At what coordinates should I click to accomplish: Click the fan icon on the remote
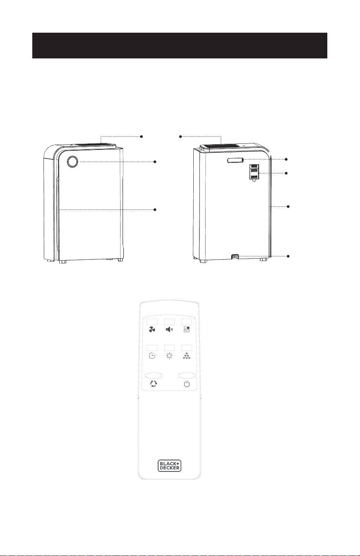[x=152, y=329]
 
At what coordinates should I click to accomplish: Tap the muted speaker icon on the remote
[x=169, y=329]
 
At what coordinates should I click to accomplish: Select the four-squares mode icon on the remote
[x=187, y=329]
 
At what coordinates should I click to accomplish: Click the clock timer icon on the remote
[x=152, y=356]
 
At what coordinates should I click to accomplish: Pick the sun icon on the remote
[x=169, y=356]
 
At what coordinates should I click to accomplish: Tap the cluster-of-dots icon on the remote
[x=187, y=356]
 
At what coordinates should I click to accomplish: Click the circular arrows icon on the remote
[x=154, y=384]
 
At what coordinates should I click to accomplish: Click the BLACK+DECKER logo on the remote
[x=169, y=465]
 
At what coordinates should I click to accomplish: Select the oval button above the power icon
[x=187, y=375]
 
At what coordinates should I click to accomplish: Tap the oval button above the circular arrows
[x=154, y=375]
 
